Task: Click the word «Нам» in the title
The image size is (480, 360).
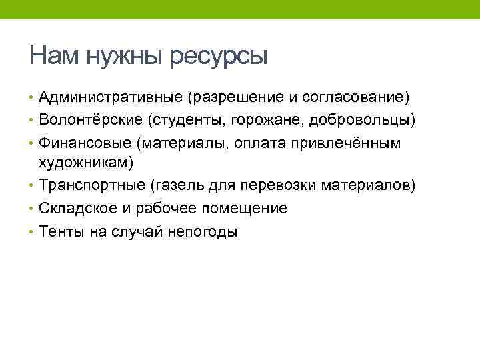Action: tap(54, 55)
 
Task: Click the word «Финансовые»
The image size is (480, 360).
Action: tap(85, 143)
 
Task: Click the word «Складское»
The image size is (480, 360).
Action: tap(78, 208)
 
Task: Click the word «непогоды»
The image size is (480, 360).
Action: tap(204, 231)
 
